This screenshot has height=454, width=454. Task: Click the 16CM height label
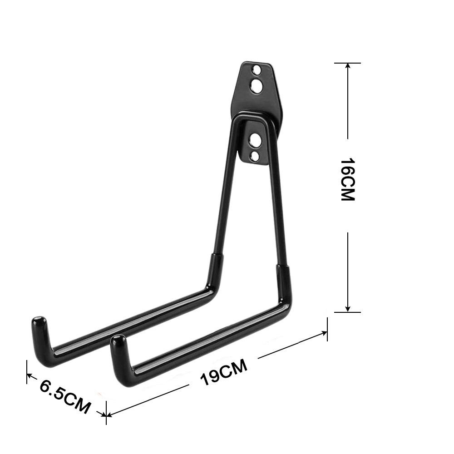coord(348,180)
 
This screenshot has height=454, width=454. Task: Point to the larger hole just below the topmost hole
coord(257,85)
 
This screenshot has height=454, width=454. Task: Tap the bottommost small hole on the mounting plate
coord(256,156)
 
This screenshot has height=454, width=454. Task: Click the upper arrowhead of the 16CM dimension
coord(348,66)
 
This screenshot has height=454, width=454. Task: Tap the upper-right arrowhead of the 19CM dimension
coord(324,333)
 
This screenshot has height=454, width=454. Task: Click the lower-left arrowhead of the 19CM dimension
coord(109,414)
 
